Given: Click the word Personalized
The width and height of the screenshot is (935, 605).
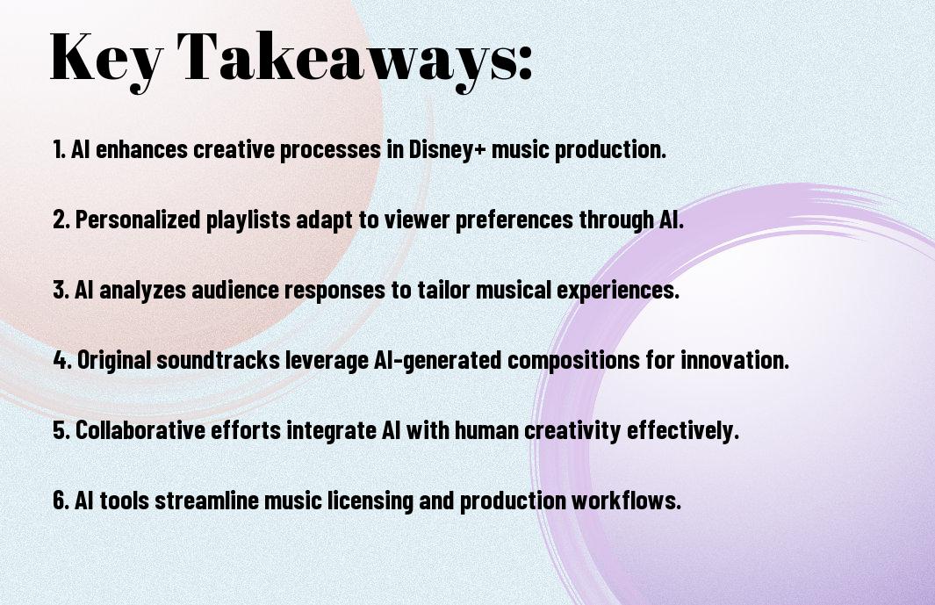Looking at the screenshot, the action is pyautogui.click(x=138, y=220).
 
